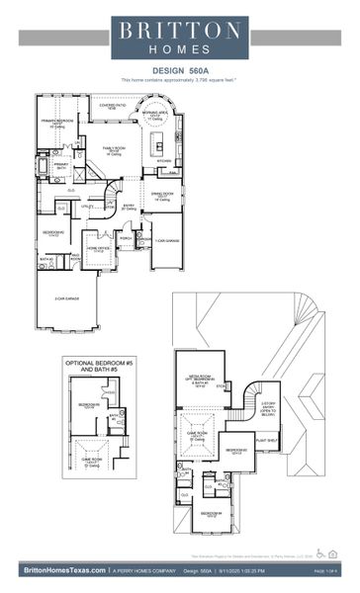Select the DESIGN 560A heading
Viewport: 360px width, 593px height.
pyautogui.click(x=180, y=70)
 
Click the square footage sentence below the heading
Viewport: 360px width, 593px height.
pyautogui.click(x=180, y=79)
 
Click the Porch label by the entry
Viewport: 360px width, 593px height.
pyautogui.click(x=126, y=238)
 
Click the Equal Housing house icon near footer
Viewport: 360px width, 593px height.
pyautogui.click(x=333, y=552)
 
